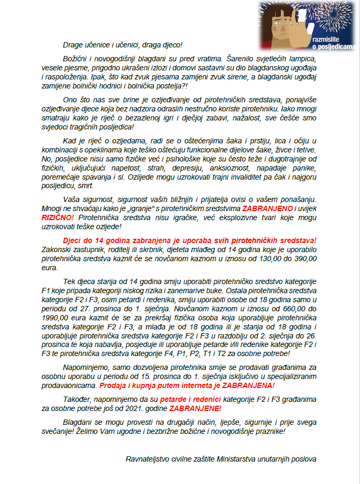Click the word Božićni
click(x=76, y=60)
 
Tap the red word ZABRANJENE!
click(x=195, y=409)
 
